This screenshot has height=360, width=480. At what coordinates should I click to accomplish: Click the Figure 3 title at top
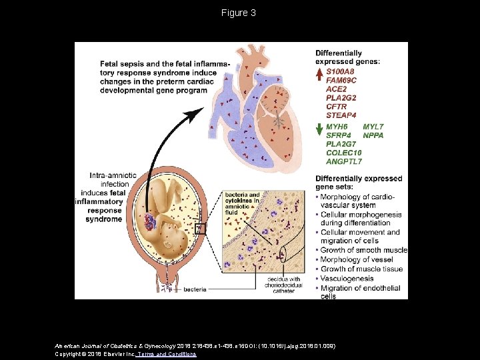[239, 13]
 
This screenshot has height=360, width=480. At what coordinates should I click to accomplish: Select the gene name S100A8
[341, 71]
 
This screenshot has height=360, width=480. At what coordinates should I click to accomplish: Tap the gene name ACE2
[336, 89]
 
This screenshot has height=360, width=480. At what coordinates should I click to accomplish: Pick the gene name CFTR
[337, 106]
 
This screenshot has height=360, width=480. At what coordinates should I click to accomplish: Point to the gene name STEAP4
[341, 115]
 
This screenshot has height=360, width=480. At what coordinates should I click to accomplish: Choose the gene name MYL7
[373, 127]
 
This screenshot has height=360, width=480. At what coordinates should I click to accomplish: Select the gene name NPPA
[373, 135]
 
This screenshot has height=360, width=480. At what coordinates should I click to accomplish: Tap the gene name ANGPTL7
[344, 161]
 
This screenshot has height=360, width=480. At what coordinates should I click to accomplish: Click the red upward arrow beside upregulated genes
[319, 75]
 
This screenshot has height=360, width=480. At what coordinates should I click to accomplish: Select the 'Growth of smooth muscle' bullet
[363, 250]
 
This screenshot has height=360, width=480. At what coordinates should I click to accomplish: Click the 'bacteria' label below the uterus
[194, 290]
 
